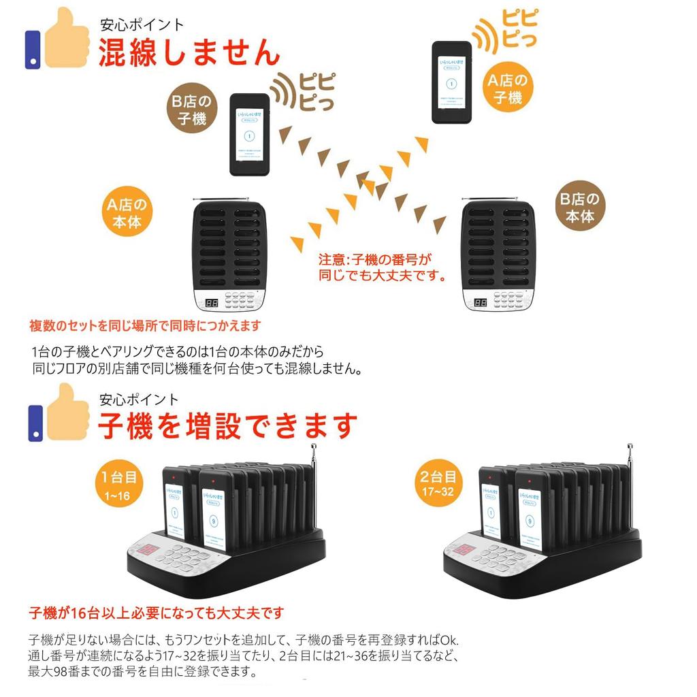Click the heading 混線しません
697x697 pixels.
click(x=189, y=53)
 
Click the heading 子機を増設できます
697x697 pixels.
click(x=227, y=426)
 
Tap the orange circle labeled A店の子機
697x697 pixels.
click(x=506, y=89)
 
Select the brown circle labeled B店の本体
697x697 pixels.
click(x=579, y=208)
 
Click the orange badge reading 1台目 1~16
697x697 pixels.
click(x=120, y=485)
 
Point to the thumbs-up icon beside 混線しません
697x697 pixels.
click(x=59, y=39)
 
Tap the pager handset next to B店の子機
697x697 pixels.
click(x=249, y=135)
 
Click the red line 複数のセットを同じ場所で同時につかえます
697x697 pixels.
click(x=144, y=326)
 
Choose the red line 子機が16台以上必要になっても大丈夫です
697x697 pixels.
click(x=155, y=613)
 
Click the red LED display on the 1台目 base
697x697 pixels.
click(x=148, y=550)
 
